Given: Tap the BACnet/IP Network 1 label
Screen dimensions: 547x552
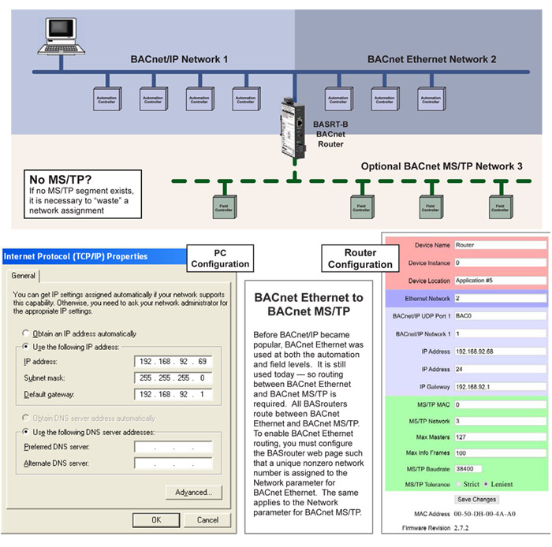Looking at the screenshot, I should (179, 59).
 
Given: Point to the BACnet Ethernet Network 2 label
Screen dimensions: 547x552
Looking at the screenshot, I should (431, 59).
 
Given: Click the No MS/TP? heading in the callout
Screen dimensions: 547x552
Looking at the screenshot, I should (54, 179).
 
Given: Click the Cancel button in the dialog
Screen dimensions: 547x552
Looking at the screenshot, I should (207, 519).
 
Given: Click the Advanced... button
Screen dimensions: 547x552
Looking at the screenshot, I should (192, 493).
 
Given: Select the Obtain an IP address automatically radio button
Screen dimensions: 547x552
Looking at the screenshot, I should (28, 333).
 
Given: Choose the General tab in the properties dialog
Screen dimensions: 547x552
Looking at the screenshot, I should (23, 276).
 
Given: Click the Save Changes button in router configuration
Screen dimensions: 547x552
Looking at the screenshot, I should (476, 499).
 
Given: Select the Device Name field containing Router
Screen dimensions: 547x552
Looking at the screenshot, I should (499, 245).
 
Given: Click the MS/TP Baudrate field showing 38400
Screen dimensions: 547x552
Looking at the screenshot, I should (499, 469).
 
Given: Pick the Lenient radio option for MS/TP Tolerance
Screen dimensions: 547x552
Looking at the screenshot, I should (486, 483).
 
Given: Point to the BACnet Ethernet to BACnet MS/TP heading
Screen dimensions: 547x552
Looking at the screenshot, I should (308, 307).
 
